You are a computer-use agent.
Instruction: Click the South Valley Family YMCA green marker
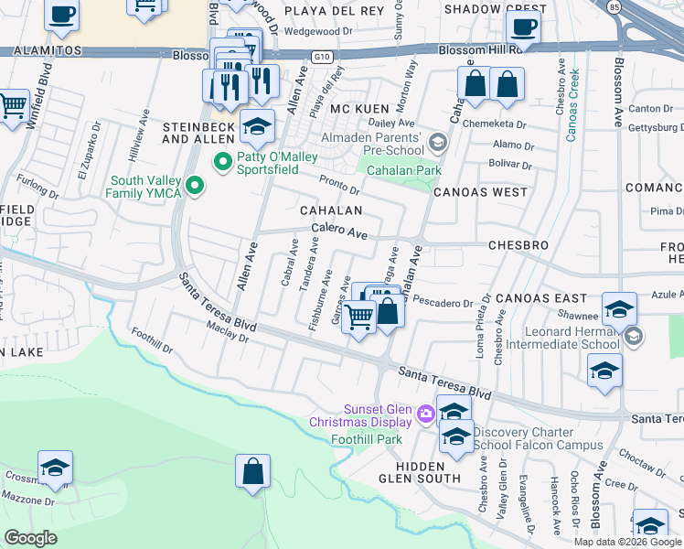click(x=194, y=187)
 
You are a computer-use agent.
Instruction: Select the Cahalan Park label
click(x=403, y=170)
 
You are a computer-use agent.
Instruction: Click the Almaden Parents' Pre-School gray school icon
click(x=439, y=142)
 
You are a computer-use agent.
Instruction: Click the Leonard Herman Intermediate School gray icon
click(x=634, y=338)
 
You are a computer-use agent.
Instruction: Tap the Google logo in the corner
click(x=31, y=538)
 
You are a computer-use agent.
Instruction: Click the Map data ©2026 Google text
click(x=627, y=542)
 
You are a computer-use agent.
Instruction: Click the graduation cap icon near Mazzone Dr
click(x=56, y=468)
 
